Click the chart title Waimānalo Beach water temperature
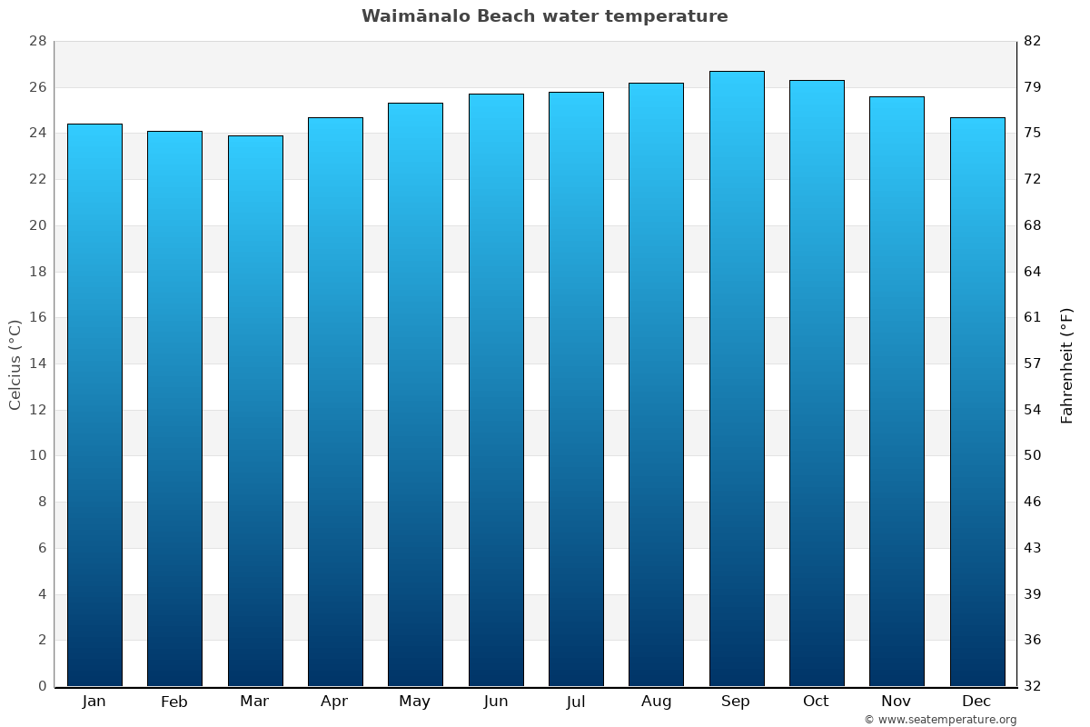tap(544, 16)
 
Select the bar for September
tap(737, 378)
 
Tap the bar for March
tap(255, 411)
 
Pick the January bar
tap(94, 404)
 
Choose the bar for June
tap(496, 390)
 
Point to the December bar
tap(977, 402)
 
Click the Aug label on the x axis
tap(657, 702)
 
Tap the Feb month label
tap(174, 702)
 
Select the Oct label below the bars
tap(817, 702)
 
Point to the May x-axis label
tap(415, 702)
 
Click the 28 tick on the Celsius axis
tap(37, 42)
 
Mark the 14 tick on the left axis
tap(37, 363)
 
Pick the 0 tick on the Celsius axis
tap(42, 686)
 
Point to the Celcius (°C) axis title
tap(15, 364)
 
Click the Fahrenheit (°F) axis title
tap(1067, 364)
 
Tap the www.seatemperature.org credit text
tap(940, 720)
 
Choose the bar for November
tap(897, 391)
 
